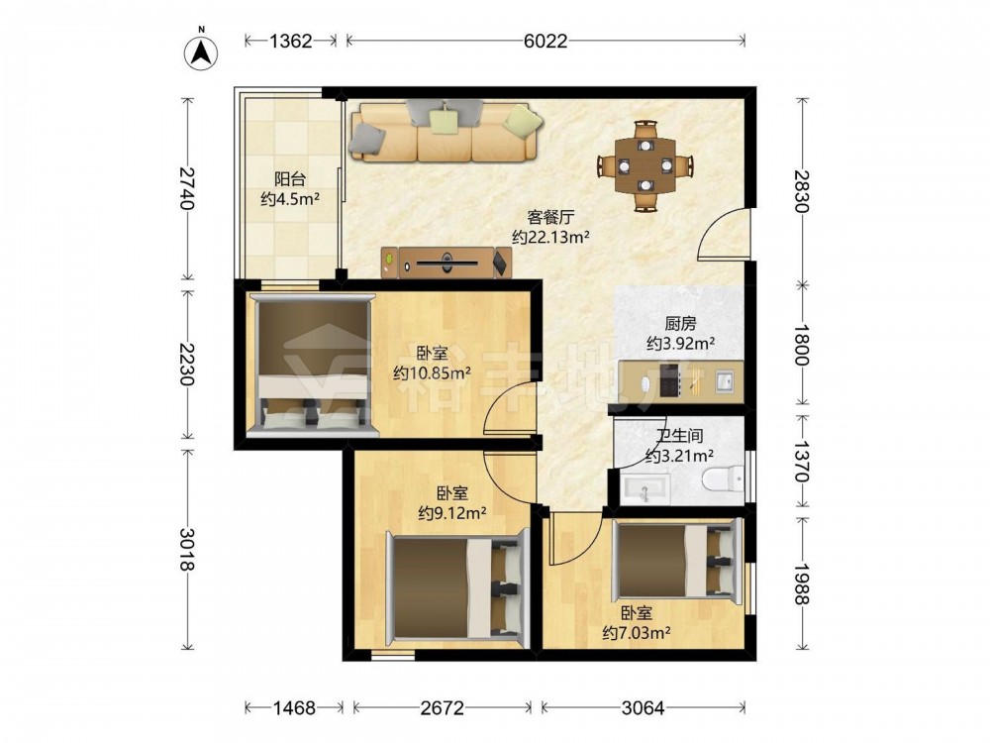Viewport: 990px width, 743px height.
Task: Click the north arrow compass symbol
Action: (201, 52)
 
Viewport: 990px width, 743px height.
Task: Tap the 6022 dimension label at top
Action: (545, 41)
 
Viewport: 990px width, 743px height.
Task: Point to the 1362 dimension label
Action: (290, 41)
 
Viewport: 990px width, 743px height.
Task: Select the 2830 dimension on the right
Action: (802, 191)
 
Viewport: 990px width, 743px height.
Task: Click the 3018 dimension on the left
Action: (187, 549)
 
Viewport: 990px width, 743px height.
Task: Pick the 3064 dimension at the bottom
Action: (643, 707)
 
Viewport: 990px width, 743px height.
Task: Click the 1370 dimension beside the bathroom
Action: (802, 462)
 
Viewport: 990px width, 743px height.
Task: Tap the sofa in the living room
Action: (446, 131)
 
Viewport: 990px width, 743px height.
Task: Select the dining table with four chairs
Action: (645, 165)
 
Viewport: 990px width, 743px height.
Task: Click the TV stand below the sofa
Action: (446, 263)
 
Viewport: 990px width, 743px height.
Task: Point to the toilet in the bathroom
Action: (724, 478)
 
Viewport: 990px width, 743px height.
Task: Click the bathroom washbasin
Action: (645, 489)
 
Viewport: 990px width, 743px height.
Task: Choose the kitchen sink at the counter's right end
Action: (725, 381)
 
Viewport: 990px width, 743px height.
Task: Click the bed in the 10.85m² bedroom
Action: (313, 366)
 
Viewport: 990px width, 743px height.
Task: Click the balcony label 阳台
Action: (290, 178)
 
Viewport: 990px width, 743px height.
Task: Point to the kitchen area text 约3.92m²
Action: (681, 344)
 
